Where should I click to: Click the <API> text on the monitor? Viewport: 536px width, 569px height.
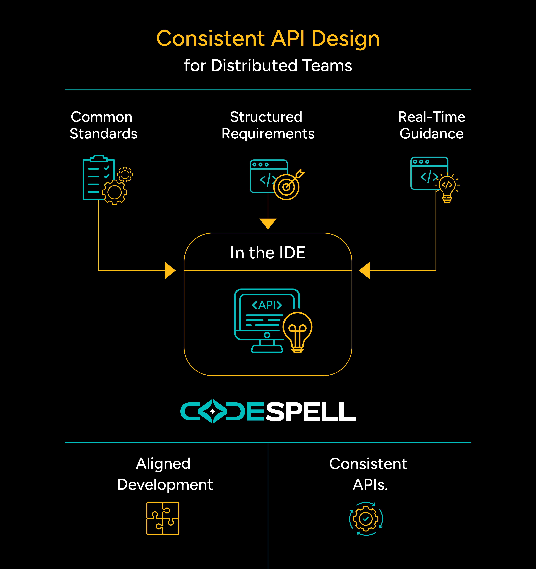click(x=267, y=305)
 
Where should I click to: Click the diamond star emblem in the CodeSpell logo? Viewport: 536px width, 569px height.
click(x=212, y=411)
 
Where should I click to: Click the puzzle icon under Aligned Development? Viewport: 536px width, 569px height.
click(x=163, y=518)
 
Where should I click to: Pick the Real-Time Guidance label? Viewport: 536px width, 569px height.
click(x=431, y=125)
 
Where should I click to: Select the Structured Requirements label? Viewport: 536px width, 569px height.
click(x=268, y=125)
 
